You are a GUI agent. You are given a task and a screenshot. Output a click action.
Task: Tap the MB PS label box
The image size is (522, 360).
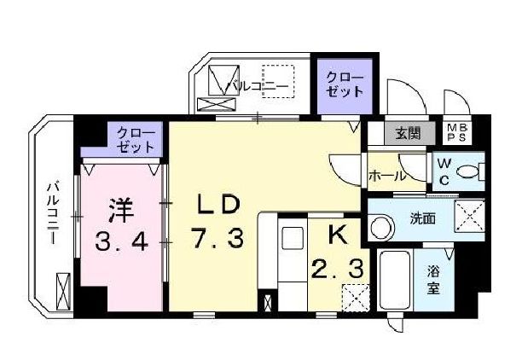point(458,132)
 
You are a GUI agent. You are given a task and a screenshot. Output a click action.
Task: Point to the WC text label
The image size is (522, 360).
point(444,171)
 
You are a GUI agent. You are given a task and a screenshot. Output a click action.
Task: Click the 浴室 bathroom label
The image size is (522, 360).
point(434,280)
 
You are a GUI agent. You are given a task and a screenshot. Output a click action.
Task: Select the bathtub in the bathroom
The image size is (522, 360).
point(395,282)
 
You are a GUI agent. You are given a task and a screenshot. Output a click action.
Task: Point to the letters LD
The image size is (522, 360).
point(215,204)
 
